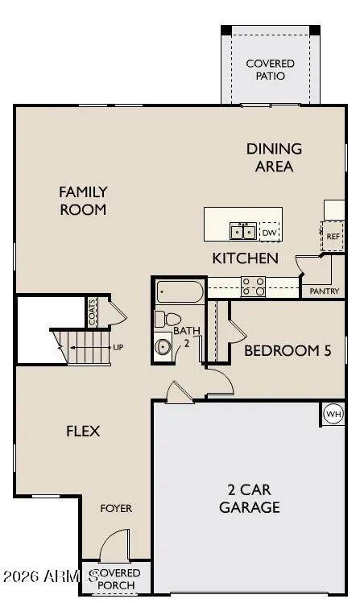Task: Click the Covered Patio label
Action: [x=270, y=69]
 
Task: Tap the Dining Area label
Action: [x=274, y=158]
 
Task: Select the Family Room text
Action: [x=83, y=200]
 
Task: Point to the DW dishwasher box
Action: [x=270, y=233]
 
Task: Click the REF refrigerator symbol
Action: [x=333, y=236]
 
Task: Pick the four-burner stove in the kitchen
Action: [x=253, y=287]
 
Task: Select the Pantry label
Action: [x=325, y=291]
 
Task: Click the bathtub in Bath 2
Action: [x=180, y=292]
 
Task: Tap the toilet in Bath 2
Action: [x=168, y=319]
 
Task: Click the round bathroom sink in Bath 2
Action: [x=163, y=347]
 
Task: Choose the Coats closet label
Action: [x=92, y=312]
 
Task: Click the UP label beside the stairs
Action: [x=118, y=347]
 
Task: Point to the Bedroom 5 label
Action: [x=288, y=351]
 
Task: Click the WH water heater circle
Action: [x=333, y=414]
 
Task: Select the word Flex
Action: [x=83, y=431]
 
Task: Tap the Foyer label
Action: [x=116, y=508]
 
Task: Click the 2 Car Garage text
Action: [x=250, y=498]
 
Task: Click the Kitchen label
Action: [x=246, y=258]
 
